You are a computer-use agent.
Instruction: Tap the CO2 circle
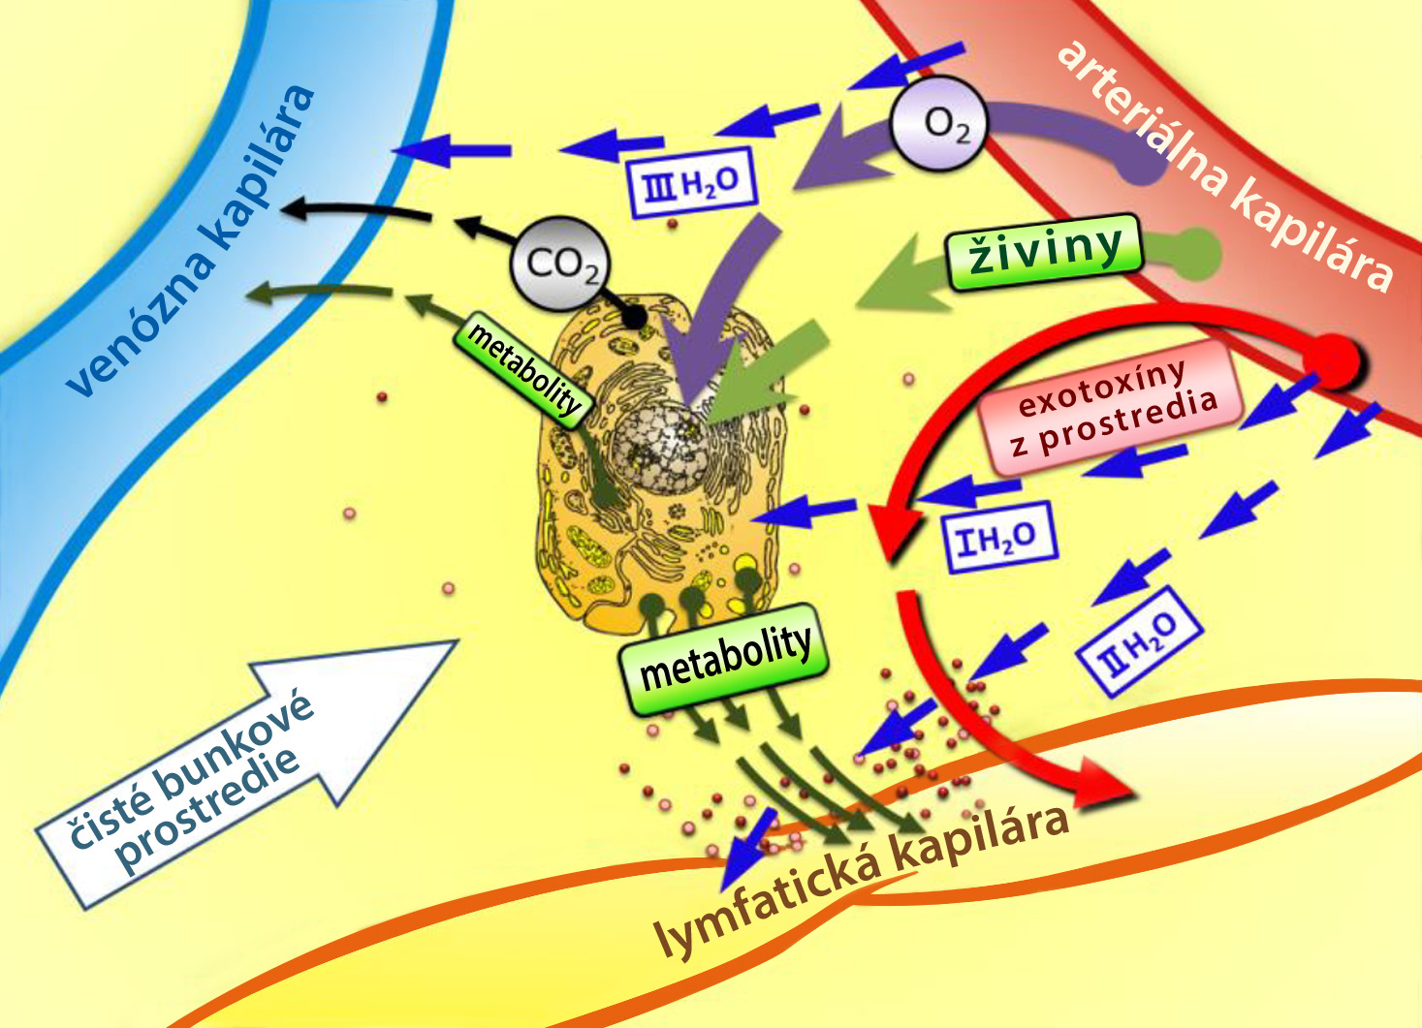(559, 265)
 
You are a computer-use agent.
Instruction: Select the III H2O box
(690, 183)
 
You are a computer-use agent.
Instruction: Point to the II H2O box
(1140, 642)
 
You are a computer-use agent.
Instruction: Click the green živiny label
(1045, 252)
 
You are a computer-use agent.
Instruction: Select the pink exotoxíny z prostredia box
(1110, 407)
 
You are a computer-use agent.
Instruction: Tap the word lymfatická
(768, 902)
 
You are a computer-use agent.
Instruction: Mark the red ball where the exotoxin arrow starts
(1332, 361)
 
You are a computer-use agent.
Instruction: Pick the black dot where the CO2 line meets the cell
(633, 316)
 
